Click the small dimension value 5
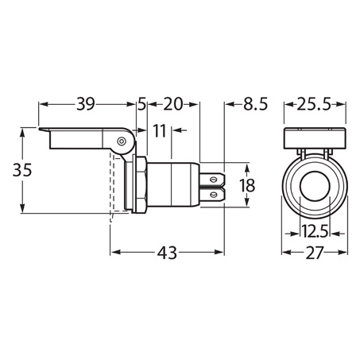click(x=141, y=104)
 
